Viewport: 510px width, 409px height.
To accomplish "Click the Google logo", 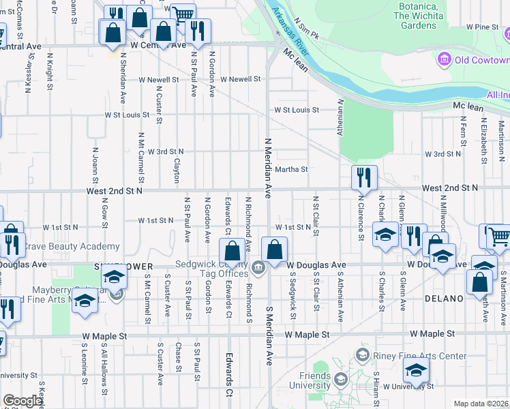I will pos(23,401).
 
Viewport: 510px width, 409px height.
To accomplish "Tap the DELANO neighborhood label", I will pos(444,299).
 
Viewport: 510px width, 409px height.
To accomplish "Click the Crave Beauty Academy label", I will pos(70,247).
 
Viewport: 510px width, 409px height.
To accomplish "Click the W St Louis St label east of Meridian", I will pos(297,110).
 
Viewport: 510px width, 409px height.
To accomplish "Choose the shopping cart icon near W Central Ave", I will pos(183,15).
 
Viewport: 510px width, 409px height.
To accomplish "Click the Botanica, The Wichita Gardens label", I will pos(415,16).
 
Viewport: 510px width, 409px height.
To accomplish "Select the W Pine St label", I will pos(483,27).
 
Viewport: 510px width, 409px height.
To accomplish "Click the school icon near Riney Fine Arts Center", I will pos(415,371).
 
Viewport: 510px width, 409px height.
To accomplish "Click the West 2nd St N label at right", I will pos(449,187).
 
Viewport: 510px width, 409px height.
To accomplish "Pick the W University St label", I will pos(408,387).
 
